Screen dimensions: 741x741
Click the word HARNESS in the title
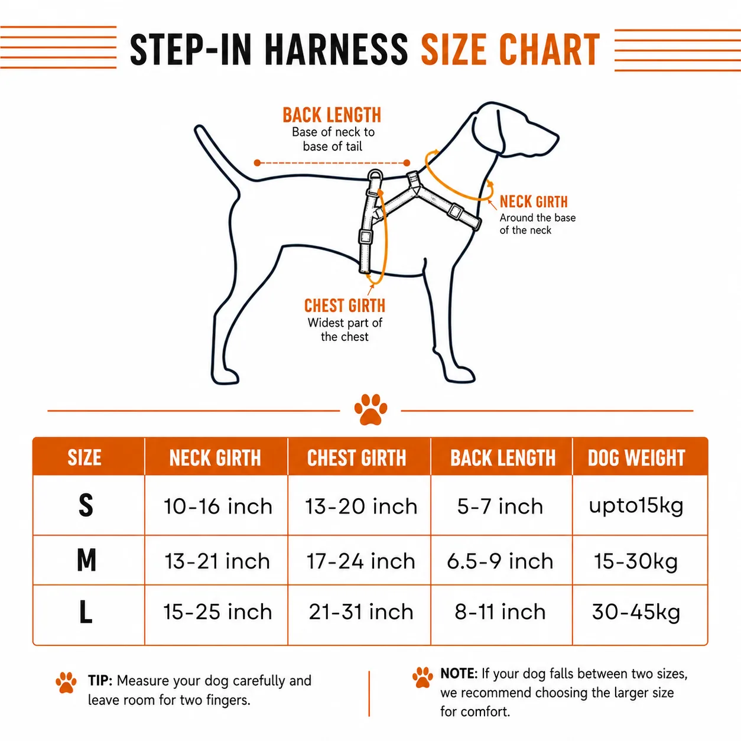coord(336,50)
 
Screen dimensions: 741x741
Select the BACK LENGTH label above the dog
coord(332,115)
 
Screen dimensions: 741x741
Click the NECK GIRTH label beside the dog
coord(534,201)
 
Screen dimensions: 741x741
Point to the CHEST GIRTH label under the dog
coord(344,305)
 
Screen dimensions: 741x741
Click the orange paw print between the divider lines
coord(370,409)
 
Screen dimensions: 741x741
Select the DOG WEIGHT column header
coord(636,457)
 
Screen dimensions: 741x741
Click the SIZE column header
coord(84,457)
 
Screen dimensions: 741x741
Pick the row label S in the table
coord(86,505)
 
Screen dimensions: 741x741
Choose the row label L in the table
coord(86,612)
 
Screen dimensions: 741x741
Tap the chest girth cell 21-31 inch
coord(361,612)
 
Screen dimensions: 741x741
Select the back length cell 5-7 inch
coord(500,506)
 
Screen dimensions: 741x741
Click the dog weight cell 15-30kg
coord(636,562)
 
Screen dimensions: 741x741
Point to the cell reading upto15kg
coord(636,506)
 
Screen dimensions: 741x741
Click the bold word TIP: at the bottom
coord(100,681)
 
